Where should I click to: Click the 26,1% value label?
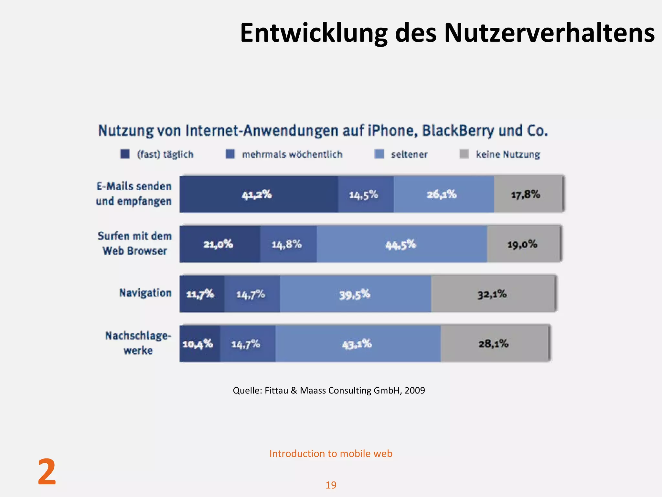click(442, 194)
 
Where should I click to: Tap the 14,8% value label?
click(287, 244)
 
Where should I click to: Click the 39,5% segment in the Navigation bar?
click(355, 294)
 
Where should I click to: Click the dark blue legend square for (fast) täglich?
click(125, 154)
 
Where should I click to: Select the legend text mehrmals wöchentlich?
click(292, 155)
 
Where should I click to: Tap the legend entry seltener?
click(409, 155)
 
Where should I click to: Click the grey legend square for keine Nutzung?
click(464, 154)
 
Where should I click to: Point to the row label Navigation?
click(145, 293)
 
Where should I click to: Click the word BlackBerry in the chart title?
click(458, 131)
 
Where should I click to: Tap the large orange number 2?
click(47, 472)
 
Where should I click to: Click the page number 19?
click(331, 485)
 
